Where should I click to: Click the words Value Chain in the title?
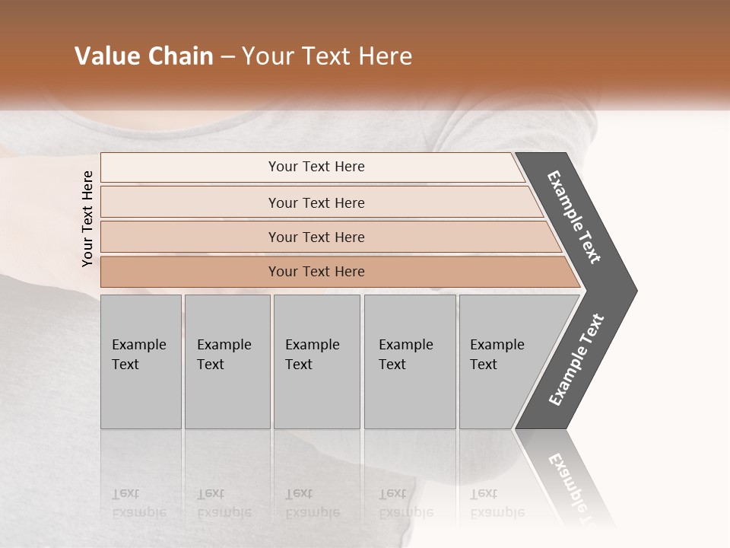coord(144,56)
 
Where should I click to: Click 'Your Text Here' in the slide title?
coord(327,56)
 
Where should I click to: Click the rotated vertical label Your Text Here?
coord(87,218)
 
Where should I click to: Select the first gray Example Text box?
coord(141,362)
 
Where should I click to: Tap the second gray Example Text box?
coord(227,362)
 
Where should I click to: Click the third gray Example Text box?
coord(316,362)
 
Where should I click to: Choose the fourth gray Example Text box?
coord(409,362)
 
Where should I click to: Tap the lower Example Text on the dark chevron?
coord(576,360)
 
